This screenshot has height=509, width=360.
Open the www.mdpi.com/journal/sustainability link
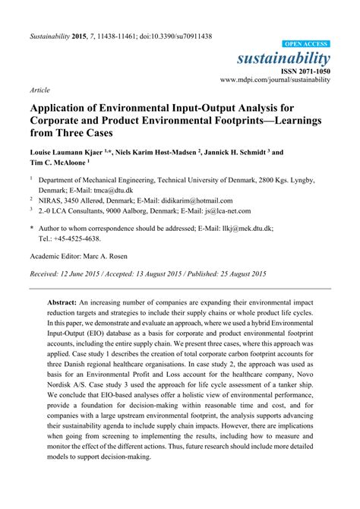[x=276, y=79]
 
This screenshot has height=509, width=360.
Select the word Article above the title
[x=40, y=89]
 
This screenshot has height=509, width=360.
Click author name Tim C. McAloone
[x=58, y=163]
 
